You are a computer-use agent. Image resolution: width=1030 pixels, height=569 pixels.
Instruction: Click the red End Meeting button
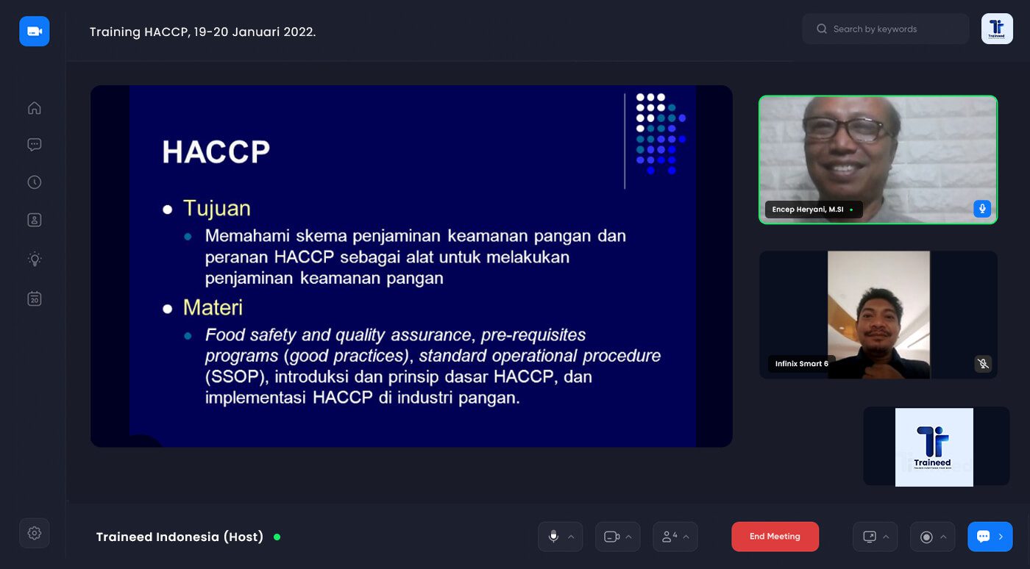(775, 537)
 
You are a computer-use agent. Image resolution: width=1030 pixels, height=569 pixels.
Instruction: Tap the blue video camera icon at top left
(35, 32)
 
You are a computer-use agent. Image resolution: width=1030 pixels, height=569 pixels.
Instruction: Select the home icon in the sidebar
(35, 109)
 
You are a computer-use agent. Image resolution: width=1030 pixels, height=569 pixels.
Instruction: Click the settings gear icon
(35, 533)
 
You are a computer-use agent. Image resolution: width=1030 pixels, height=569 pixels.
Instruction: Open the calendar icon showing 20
(35, 298)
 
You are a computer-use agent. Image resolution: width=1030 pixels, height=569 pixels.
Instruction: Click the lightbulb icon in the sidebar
(35, 259)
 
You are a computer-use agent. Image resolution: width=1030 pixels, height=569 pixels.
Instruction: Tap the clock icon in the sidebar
(35, 182)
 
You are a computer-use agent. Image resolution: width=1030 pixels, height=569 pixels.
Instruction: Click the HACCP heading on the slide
(216, 152)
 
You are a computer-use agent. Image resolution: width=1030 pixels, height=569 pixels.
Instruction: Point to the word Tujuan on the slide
(217, 208)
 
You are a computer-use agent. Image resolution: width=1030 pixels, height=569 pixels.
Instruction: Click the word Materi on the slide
(213, 307)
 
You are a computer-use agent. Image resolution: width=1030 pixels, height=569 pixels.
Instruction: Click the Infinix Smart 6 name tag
(801, 364)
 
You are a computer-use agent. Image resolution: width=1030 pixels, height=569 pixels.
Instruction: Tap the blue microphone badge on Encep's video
(981, 209)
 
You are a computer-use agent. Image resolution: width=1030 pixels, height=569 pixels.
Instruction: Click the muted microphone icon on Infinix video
(982, 363)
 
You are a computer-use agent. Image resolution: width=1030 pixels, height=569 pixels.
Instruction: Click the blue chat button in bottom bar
(990, 537)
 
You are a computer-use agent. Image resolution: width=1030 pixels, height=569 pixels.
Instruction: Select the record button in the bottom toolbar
(926, 537)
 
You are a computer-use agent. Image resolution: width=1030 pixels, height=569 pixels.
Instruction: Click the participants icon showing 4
(669, 537)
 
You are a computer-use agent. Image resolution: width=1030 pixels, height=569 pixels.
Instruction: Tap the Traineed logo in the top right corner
(997, 29)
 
